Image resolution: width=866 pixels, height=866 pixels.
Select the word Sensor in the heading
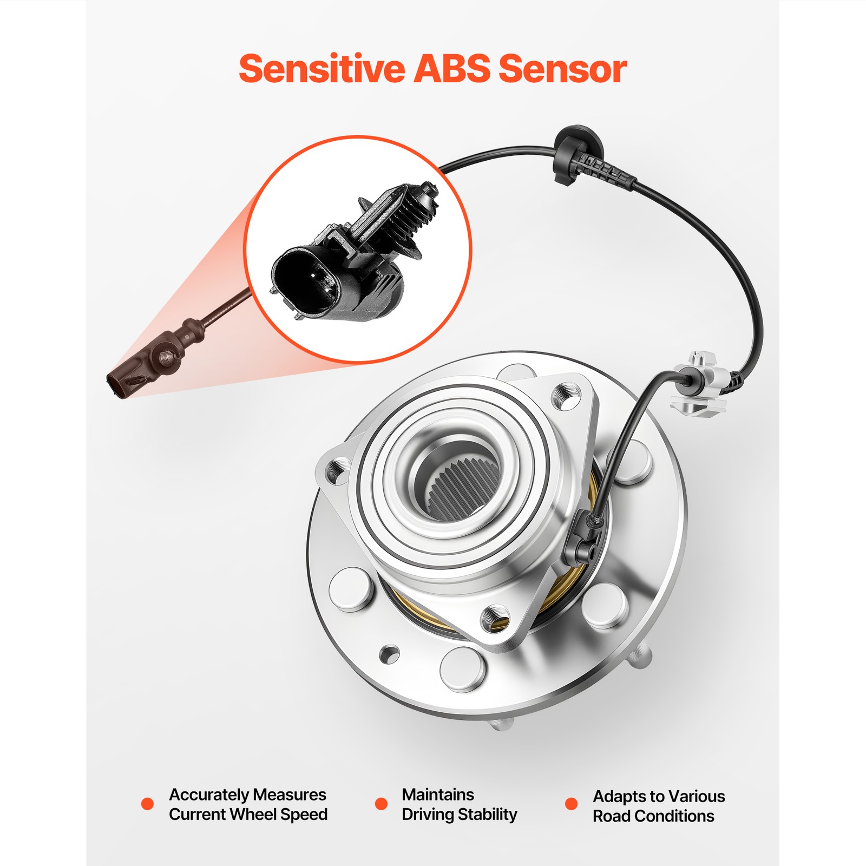563,69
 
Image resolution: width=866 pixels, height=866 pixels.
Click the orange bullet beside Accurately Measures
147,804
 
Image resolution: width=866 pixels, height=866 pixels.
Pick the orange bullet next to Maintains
381,804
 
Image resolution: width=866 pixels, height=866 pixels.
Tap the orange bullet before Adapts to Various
571,804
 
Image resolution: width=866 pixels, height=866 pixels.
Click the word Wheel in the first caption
250,814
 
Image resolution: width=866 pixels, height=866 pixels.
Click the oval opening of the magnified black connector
306,279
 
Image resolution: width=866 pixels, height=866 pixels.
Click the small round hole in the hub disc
389,654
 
